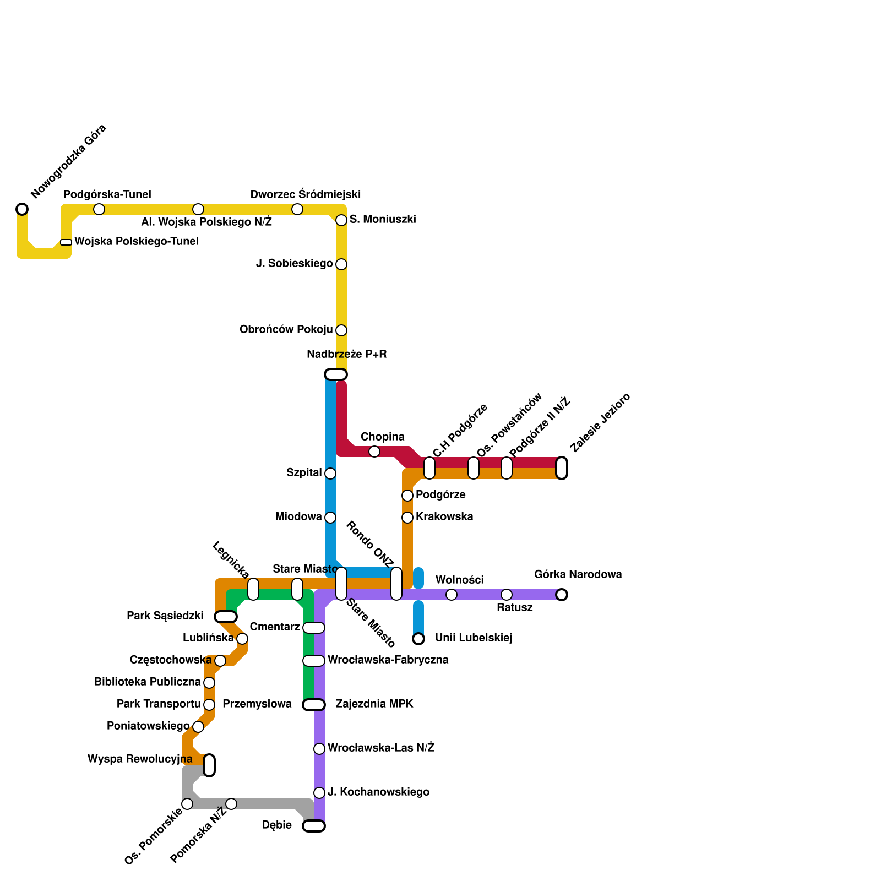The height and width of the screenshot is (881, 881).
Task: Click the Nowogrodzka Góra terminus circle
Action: pos(22,209)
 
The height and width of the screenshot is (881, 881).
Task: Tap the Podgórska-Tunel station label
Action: pos(107,194)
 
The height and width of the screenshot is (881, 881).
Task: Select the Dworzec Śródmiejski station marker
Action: pos(297,209)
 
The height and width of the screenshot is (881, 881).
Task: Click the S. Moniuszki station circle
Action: pos(341,220)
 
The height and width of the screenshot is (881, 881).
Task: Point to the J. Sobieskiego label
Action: pos(294,264)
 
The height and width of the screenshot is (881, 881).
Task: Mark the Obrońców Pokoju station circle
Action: pos(341,330)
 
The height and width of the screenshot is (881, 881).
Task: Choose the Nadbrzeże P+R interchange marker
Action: pos(336,374)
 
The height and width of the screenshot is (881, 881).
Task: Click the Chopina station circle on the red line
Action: pos(374,452)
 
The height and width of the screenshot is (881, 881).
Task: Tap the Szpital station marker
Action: pos(330,474)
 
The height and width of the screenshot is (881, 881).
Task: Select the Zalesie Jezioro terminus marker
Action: pos(562,468)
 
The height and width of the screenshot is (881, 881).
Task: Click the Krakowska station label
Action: pos(444,517)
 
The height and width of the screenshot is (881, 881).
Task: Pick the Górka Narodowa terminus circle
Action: pos(562,595)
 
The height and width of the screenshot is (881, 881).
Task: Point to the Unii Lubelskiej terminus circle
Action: pos(418,639)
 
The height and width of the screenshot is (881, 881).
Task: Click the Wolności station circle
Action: pos(452,595)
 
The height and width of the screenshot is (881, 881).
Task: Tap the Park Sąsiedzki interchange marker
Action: pos(226,617)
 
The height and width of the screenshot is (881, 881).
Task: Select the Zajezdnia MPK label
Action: pos(374,704)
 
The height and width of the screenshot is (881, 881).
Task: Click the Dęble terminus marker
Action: pos(314,826)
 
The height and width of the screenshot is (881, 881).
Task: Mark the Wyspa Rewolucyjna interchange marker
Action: pos(209,765)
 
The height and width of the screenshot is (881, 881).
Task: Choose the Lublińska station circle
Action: pos(242,639)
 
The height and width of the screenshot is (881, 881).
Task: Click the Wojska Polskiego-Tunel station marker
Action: pos(66,242)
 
